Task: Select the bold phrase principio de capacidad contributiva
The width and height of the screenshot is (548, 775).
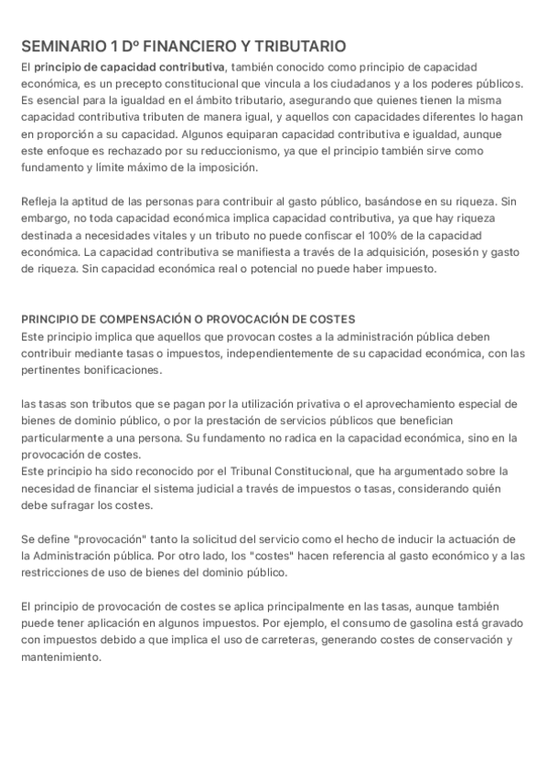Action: tap(130, 68)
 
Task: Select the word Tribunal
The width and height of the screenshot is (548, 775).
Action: tap(271, 471)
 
